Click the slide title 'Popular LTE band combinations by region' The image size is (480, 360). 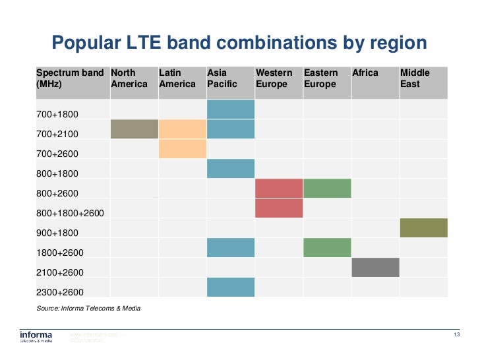[x=239, y=44]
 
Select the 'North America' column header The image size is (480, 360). [x=129, y=78]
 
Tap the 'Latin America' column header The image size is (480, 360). [x=177, y=78]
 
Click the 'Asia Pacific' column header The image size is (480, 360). [x=222, y=78]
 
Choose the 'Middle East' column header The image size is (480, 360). [x=415, y=78]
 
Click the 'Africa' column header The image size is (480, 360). [x=365, y=73]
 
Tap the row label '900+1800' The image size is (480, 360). [x=57, y=233]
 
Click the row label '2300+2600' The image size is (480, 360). [x=59, y=292]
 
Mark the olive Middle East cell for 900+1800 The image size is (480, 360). [x=423, y=227]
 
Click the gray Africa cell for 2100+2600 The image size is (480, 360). [x=375, y=267]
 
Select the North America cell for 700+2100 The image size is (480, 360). [x=135, y=129]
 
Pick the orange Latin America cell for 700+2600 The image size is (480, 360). [x=183, y=148]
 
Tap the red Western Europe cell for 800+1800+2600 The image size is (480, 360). [x=279, y=208]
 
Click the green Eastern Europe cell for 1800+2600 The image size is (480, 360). [x=327, y=247]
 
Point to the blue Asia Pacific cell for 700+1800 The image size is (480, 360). [x=231, y=109]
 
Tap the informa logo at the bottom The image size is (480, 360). [x=36, y=337]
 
